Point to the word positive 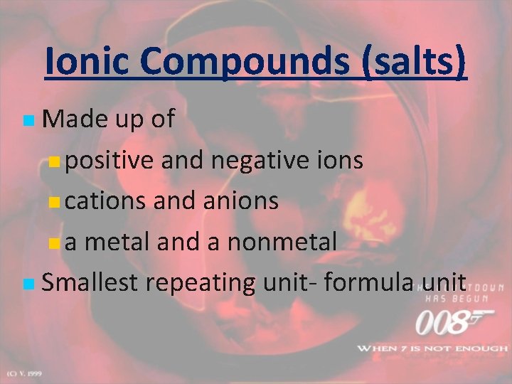pos(110,161)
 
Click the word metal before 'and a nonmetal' pos(118,242)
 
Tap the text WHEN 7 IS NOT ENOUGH pos(432,348)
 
